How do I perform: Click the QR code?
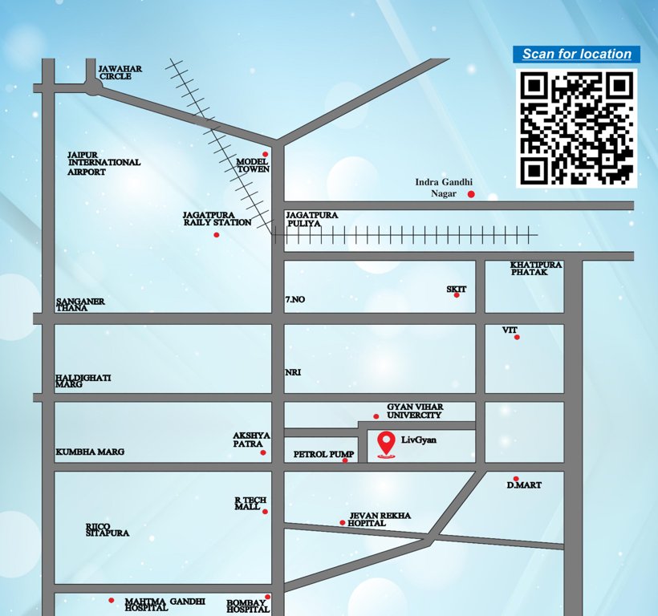(x=575, y=128)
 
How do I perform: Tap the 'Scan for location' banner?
(x=576, y=55)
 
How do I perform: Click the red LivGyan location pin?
(x=386, y=444)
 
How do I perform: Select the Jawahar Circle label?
(x=120, y=73)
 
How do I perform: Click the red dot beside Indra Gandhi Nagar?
(x=471, y=194)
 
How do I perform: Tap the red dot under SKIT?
(x=457, y=295)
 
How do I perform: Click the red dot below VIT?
(x=517, y=337)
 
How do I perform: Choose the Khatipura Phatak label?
(x=536, y=268)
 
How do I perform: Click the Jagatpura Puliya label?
(x=312, y=219)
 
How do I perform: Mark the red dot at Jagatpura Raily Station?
(x=216, y=235)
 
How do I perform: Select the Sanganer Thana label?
(x=80, y=304)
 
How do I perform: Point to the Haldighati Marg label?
(x=83, y=381)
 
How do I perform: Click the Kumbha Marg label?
(x=90, y=452)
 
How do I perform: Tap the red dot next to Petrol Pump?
(x=345, y=460)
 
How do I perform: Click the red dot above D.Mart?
(x=516, y=479)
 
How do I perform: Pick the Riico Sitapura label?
(x=108, y=529)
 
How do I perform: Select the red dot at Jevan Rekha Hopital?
(x=343, y=523)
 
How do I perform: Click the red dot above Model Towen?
(x=265, y=154)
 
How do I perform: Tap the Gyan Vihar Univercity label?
(x=414, y=411)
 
